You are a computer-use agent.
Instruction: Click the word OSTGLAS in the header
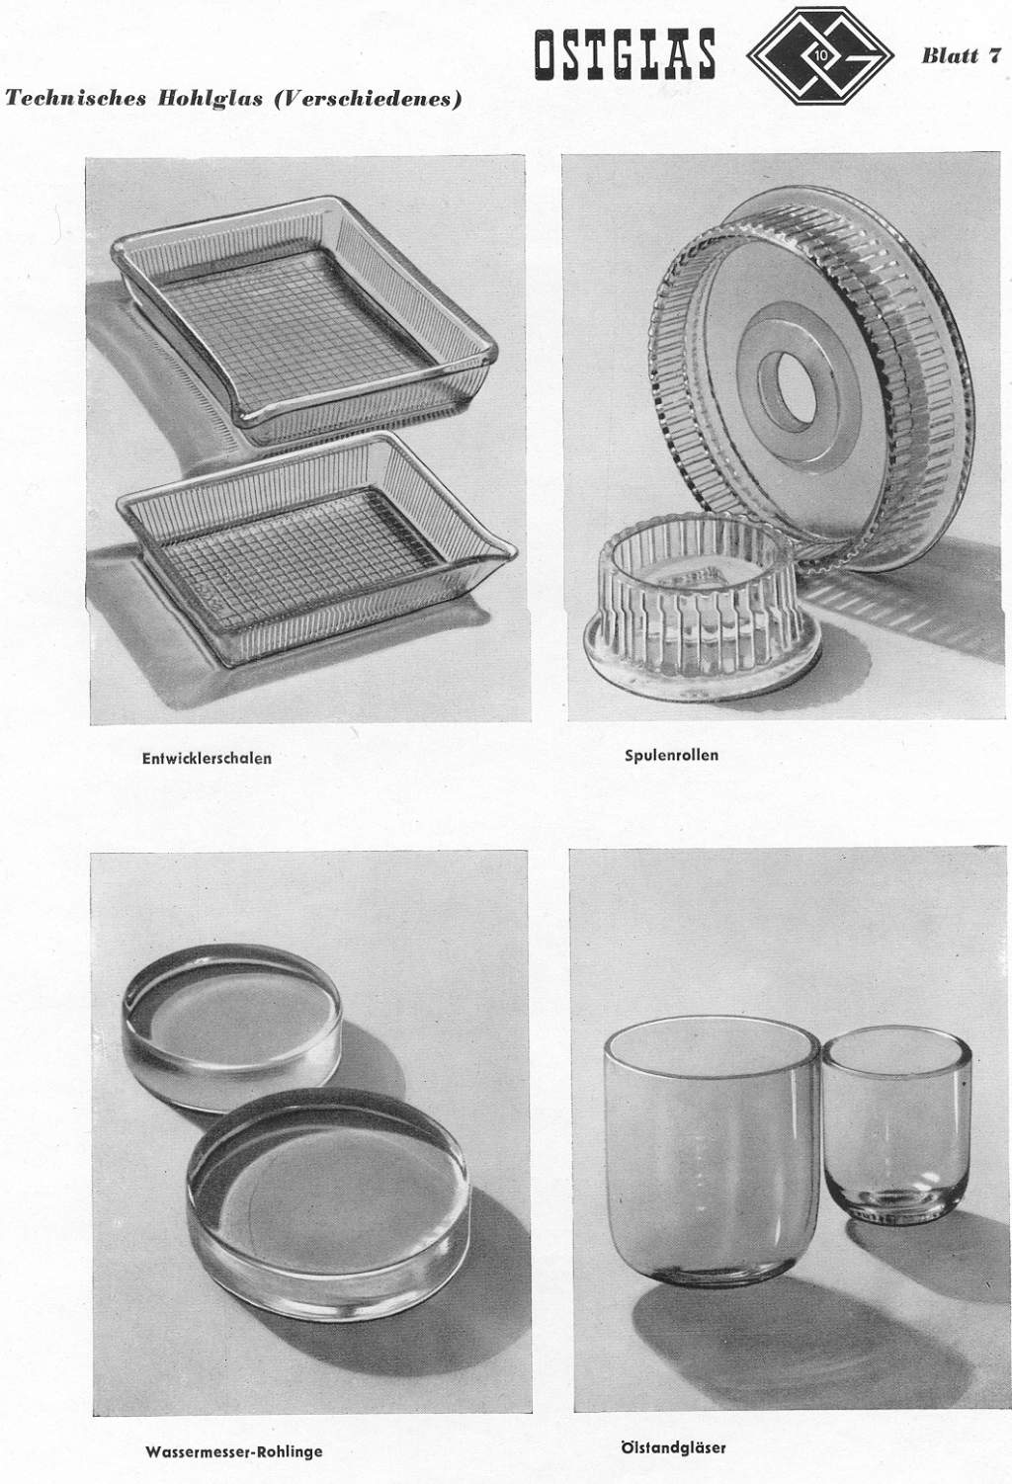pos(625,53)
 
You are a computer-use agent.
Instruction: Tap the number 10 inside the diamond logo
pos(820,57)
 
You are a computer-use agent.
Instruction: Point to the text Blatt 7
pos(961,55)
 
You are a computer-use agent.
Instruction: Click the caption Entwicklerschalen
pos(207,758)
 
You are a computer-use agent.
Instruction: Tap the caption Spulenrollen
pos(671,755)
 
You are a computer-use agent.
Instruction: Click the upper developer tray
pos(304,317)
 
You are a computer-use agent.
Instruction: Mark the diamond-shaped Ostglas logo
pos(820,57)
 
